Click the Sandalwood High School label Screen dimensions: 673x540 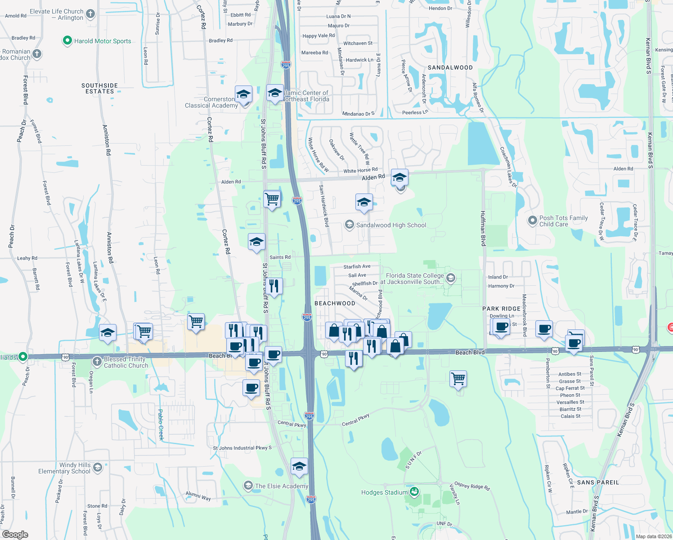(391, 225)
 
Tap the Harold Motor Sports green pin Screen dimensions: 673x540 (67, 41)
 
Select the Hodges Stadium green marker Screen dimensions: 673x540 (414, 491)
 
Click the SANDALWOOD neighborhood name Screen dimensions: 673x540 (450, 67)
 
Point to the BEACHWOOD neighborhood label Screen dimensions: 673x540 (335, 303)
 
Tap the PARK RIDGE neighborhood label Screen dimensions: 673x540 (501, 309)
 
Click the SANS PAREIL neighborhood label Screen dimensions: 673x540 (598, 482)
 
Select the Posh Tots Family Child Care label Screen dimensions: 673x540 (563, 221)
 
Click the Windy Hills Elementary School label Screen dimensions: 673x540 (64, 468)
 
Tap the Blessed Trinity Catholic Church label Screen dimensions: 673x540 (126, 362)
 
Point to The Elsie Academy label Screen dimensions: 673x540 (282, 486)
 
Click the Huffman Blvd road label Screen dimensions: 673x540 (483, 228)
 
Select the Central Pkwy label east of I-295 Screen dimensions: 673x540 (355, 420)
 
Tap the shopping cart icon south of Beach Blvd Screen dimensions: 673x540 (458, 379)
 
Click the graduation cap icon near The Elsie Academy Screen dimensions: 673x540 (299, 467)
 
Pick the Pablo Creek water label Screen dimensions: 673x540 (161, 424)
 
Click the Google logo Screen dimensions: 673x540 (15, 534)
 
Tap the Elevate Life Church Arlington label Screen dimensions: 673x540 (57, 14)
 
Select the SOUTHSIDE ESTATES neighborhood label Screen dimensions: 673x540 (99, 88)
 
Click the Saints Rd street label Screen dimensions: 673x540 (280, 257)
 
